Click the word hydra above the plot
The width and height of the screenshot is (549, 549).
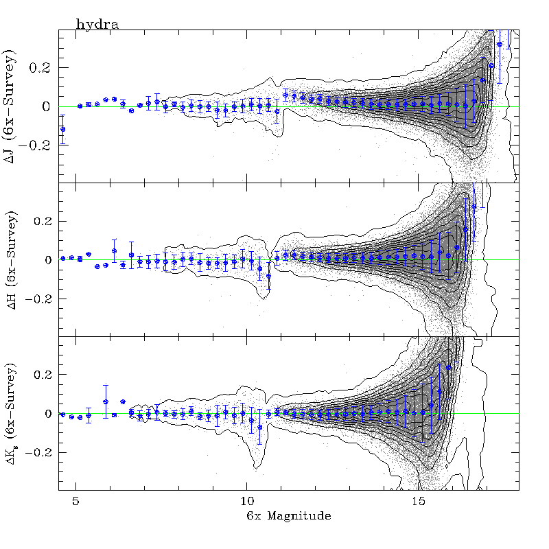point(97,25)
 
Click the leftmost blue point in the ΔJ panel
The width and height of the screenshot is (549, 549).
point(63,129)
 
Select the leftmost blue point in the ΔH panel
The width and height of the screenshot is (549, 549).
point(63,259)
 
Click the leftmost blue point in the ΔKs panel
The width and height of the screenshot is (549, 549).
point(63,414)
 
